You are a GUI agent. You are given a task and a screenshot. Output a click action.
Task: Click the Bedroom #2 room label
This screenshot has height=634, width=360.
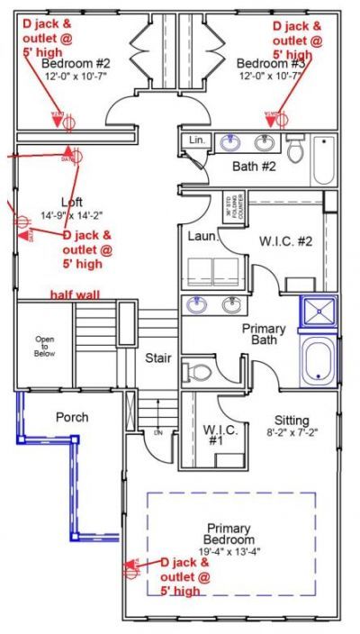point(76,64)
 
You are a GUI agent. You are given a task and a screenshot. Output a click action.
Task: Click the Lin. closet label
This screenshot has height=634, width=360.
point(197,140)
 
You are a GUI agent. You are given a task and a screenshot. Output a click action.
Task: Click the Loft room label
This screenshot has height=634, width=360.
point(73,202)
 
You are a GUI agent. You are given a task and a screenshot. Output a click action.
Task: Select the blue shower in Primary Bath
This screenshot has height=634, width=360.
point(317,314)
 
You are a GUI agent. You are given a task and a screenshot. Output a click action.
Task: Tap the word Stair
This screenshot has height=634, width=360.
point(158,358)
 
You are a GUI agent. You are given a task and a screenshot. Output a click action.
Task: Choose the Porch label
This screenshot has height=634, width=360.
point(72,417)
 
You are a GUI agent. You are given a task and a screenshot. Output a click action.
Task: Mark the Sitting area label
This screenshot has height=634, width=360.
point(292,421)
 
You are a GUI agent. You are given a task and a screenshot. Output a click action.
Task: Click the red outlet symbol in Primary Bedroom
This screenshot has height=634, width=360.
point(132,568)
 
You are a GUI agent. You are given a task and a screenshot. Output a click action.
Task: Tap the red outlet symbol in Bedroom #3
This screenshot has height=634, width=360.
point(270,118)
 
